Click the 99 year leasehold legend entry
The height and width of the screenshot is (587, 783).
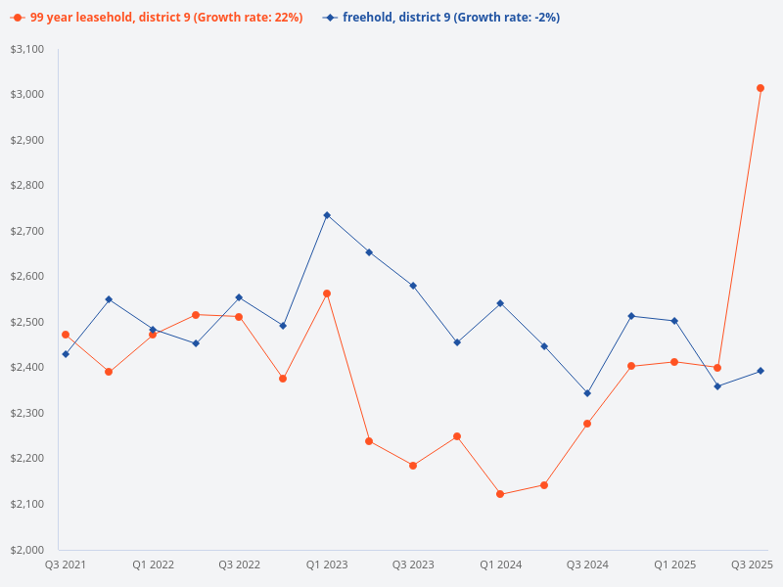click(157, 18)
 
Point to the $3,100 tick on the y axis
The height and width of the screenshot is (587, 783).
click(27, 49)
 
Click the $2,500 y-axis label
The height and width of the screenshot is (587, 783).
click(27, 322)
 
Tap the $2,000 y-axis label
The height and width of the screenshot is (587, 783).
click(27, 549)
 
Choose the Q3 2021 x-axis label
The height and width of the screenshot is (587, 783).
click(66, 564)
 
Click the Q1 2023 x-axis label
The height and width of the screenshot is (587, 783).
click(326, 564)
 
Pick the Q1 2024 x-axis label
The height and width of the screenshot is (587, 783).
click(500, 564)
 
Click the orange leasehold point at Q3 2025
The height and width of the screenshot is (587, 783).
click(760, 88)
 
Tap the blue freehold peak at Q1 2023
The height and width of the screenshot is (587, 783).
click(327, 215)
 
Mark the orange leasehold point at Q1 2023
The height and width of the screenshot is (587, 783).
click(327, 293)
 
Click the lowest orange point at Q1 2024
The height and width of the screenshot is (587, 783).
click(500, 494)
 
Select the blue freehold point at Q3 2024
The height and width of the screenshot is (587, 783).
click(587, 393)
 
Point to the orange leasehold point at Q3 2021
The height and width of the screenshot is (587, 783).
click(66, 335)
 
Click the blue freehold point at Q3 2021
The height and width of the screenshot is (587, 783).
click(66, 354)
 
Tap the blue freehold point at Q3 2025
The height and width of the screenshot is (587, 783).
click(760, 371)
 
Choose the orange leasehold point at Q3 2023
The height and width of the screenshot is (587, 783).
click(413, 466)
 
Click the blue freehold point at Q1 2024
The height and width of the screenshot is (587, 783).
click(500, 303)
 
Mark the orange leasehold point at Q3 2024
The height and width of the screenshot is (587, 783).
click(587, 424)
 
